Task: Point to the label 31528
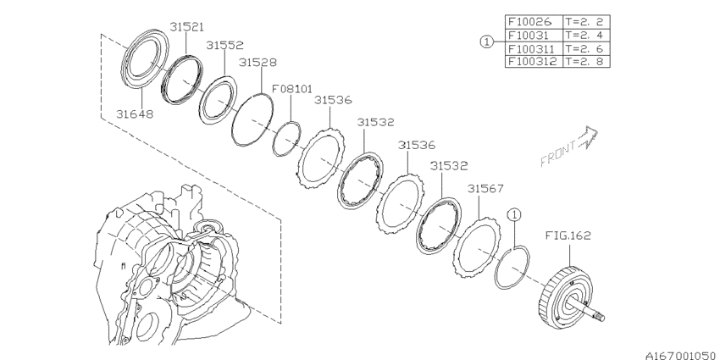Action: click(x=258, y=63)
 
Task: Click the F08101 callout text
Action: click(x=292, y=86)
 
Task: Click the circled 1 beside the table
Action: click(x=485, y=42)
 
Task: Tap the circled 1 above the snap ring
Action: click(x=512, y=215)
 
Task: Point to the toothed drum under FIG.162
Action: click(x=561, y=293)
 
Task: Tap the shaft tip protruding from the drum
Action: click(x=603, y=318)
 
